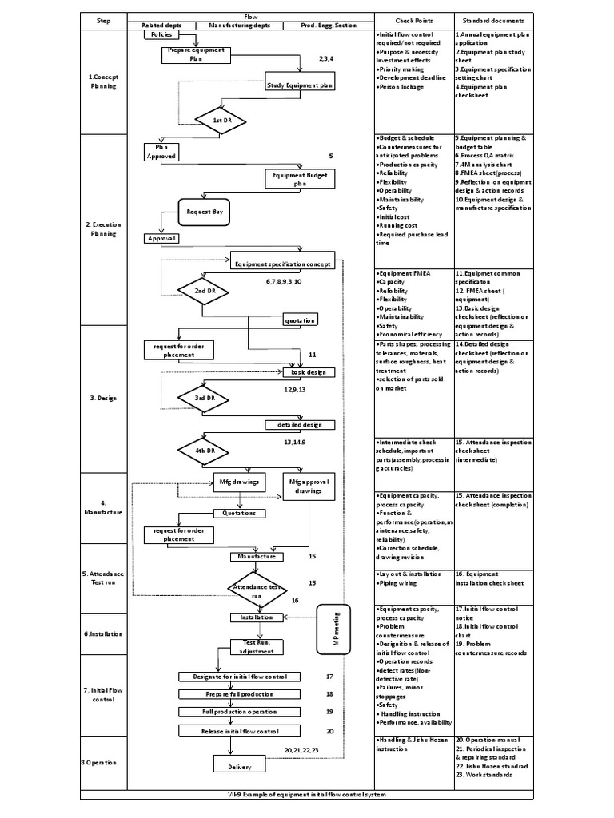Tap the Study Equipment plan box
click(298, 84)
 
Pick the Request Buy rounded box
click(205, 212)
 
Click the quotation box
click(300, 320)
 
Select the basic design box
click(309, 372)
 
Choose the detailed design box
click(300, 424)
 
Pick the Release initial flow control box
click(240, 731)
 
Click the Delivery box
click(233, 766)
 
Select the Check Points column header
click(413, 20)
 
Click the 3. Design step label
click(103, 397)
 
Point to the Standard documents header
click(492, 20)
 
